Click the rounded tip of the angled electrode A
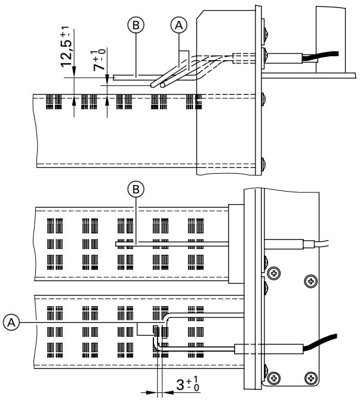pyautogui.click(x=162, y=86)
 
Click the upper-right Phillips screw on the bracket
pyautogui.click(x=310, y=279)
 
